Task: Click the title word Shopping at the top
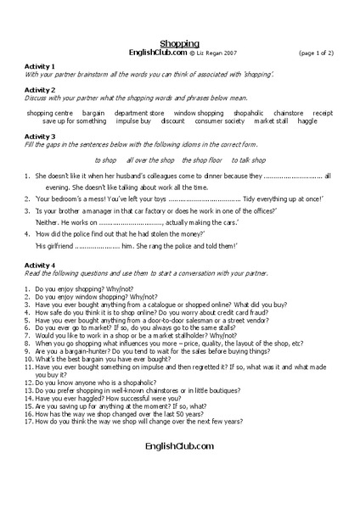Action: [x=179, y=42]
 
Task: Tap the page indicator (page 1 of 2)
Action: [x=317, y=53]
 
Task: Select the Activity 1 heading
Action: [x=41, y=66]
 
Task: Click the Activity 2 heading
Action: [x=41, y=88]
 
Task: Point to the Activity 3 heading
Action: [x=41, y=136]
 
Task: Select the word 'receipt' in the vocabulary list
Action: [x=323, y=113]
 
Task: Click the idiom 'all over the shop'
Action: [x=150, y=159]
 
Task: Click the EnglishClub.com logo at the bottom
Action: [x=179, y=445]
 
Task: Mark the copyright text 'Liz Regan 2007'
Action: [x=219, y=53]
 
